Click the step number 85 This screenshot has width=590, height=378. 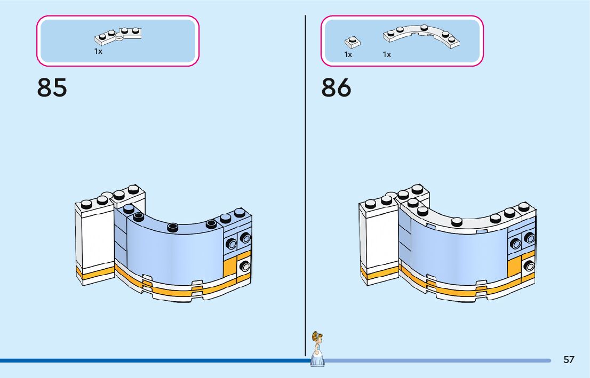(52, 88)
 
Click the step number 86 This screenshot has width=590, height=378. (336, 88)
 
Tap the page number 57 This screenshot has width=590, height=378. (569, 360)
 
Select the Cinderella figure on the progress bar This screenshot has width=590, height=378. (317, 349)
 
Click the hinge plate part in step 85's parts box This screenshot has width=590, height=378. (118, 36)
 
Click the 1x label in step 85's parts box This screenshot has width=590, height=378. (98, 52)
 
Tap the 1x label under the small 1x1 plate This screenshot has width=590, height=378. (348, 54)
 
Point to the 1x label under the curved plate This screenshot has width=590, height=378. (387, 54)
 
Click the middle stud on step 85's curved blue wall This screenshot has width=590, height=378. (172, 227)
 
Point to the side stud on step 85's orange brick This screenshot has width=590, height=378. (244, 266)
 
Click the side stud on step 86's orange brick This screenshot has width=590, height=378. (529, 265)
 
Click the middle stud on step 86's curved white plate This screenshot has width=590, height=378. (457, 221)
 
